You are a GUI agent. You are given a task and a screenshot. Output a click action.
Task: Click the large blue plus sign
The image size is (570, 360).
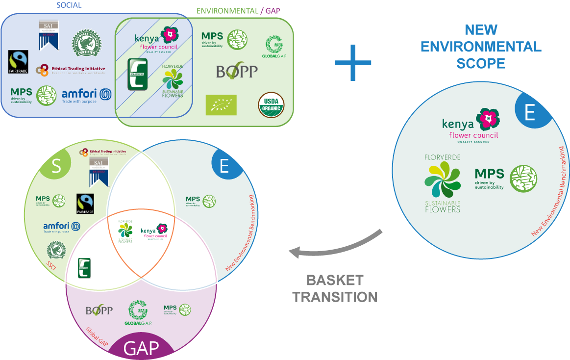point(353,63)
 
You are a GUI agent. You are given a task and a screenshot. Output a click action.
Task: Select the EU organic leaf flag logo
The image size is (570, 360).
point(221,105)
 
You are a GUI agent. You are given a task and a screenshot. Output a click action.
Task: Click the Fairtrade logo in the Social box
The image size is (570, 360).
point(19,62)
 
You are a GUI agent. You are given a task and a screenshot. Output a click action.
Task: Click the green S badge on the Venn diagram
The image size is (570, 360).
point(56,166)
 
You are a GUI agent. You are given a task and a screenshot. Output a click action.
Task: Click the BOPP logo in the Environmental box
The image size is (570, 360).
point(237,72)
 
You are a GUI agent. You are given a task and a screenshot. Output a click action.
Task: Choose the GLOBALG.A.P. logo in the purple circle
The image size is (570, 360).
point(138,313)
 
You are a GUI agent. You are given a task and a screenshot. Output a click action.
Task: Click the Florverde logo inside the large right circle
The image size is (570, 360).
point(443,183)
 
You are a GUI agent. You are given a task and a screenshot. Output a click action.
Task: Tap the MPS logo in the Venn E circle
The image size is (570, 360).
point(201,201)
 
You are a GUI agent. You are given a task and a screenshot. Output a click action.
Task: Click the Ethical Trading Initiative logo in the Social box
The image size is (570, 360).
point(71,70)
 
